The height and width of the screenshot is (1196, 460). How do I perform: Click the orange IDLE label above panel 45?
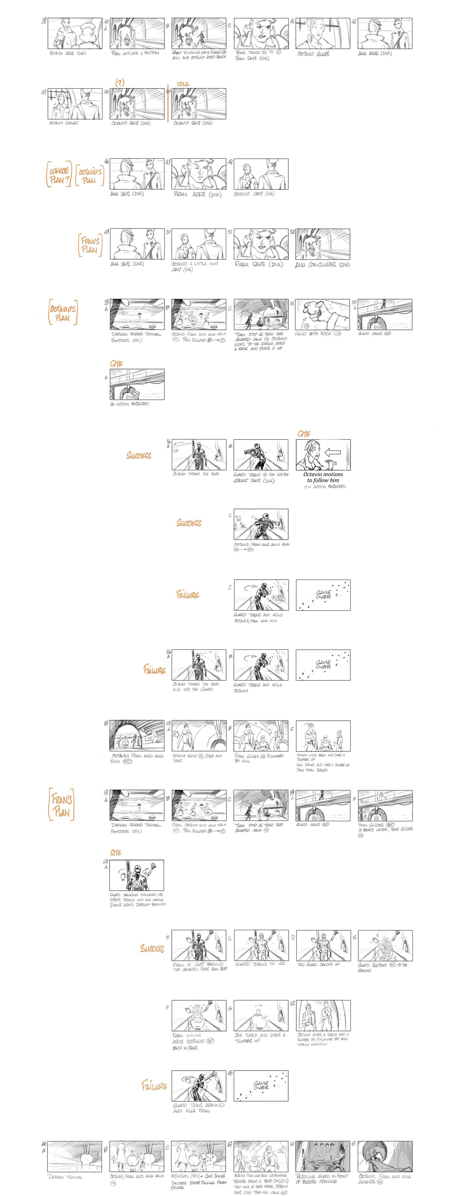pyautogui.click(x=183, y=84)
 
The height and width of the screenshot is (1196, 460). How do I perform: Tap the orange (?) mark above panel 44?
pyautogui.click(x=120, y=82)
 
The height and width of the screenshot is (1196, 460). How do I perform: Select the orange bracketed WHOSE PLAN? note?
pyautogui.click(x=59, y=175)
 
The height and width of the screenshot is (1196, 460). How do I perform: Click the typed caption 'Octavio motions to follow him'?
pyautogui.click(x=323, y=477)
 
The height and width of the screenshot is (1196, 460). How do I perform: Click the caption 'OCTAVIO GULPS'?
pyautogui.click(x=313, y=54)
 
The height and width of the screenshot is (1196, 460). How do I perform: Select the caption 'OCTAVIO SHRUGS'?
pyautogui.click(x=64, y=123)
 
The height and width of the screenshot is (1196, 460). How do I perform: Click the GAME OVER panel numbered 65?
pyautogui.click(x=261, y=1086)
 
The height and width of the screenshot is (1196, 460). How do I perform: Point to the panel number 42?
pyautogui.click(x=354, y=21)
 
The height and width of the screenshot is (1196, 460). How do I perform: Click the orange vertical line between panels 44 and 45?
pyautogui.click(x=168, y=103)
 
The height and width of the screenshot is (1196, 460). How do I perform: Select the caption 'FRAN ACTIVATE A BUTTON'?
pyautogui.click(x=135, y=53)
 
